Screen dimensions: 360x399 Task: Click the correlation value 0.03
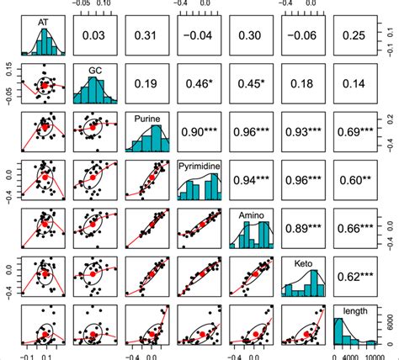(x=93, y=34)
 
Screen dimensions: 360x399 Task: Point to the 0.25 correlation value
(x=359, y=34)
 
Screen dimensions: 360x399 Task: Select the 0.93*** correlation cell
(x=306, y=134)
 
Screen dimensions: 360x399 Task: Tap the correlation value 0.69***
(x=359, y=134)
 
